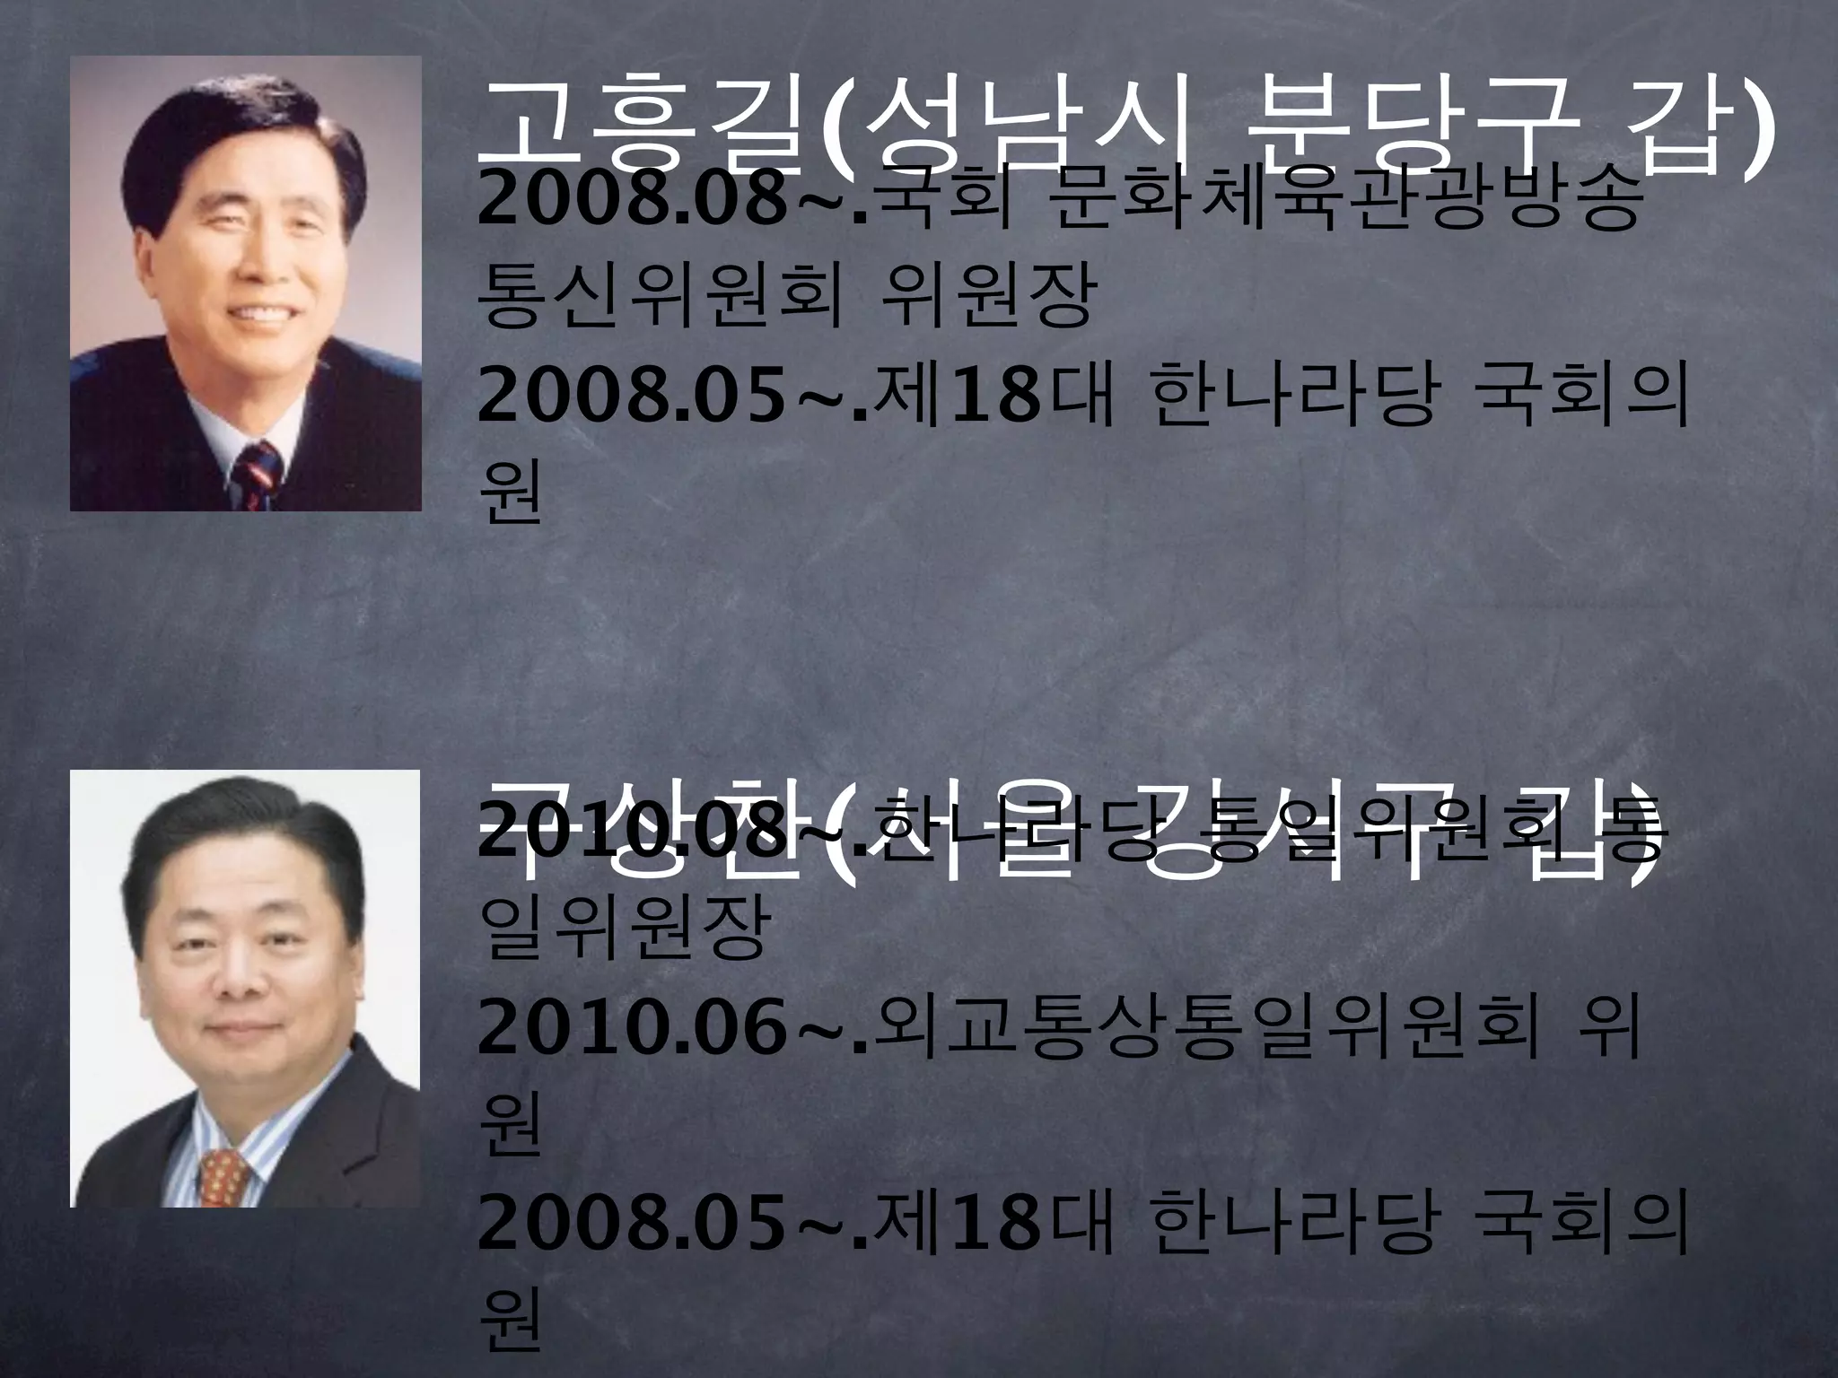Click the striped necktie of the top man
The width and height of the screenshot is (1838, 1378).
coord(258,476)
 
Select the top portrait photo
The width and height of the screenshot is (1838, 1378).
coord(245,283)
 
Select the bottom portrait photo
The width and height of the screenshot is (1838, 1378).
coord(245,988)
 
